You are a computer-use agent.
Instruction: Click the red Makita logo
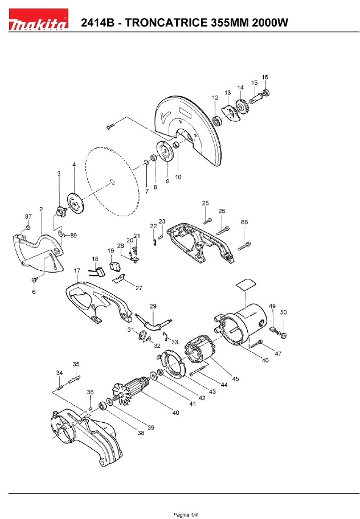pyautogui.click(x=38, y=20)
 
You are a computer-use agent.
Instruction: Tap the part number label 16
pyautogui.click(x=265, y=77)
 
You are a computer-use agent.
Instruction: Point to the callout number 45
pyautogui.click(x=235, y=378)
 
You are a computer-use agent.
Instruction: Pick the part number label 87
pyautogui.click(x=28, y=216)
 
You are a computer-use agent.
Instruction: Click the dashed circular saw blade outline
pyautogui.click(x=113, y=182)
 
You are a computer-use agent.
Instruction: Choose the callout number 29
pyautogui.click(x=153, y=306)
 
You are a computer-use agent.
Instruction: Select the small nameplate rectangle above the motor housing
pyautogui.click(x=246, y=285)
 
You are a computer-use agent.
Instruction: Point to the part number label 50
pyautogui.click(x=284, y=312)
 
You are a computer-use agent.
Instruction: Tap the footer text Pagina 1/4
pyautogui.click(x=186, y=514)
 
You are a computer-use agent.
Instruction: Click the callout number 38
pyautogui.click(x=141, y=432)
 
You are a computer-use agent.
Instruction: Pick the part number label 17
pyautogui.click(x=77, y=271)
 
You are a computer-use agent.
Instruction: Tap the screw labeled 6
pyautogui.click(x=34, y=280)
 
